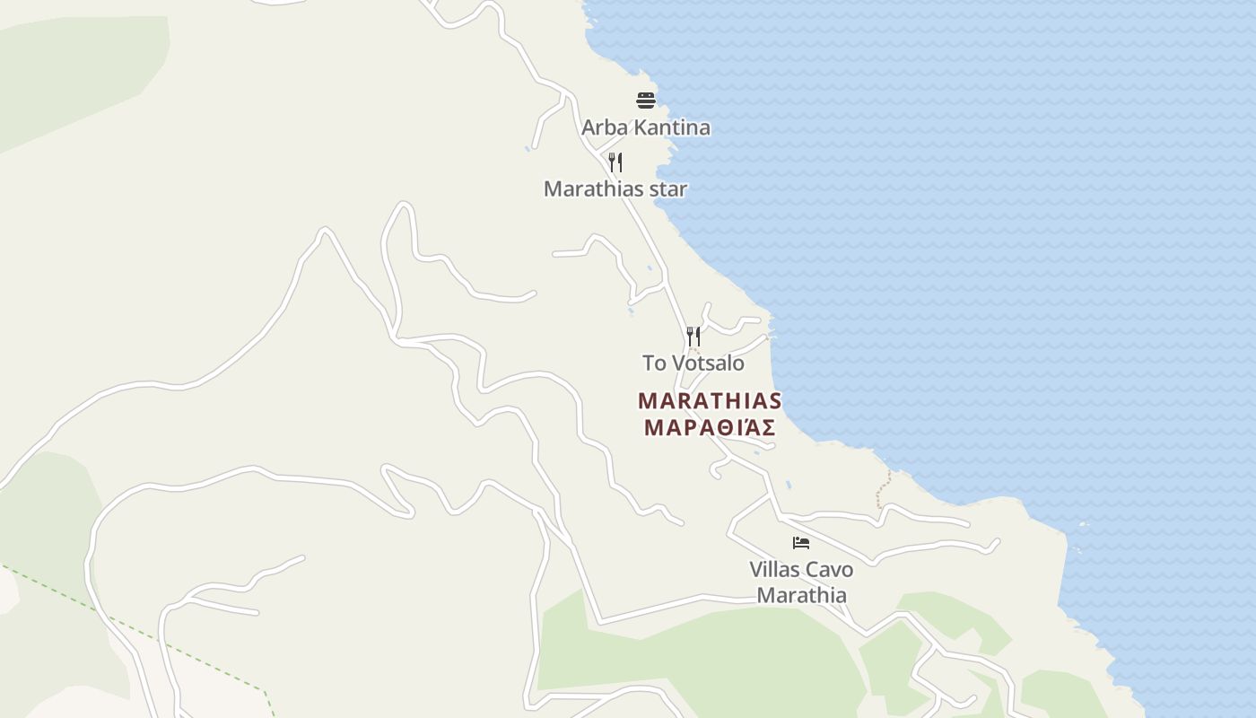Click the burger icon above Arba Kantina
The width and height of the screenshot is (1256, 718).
coord(646,100)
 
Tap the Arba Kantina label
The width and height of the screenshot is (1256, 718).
coord(646,127)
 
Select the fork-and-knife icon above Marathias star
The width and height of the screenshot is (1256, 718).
coord(615,162)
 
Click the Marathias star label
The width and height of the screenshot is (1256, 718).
coord(615,189)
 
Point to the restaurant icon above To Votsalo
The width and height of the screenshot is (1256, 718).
coord(693,337)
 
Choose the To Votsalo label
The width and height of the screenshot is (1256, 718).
coord(693,363)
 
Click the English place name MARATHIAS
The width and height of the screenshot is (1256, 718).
coord(710,401)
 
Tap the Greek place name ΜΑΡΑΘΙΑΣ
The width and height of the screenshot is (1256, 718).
coord(710,428)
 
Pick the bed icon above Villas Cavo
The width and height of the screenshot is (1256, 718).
coord(801,543)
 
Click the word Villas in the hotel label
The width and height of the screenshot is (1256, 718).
coord(776,570)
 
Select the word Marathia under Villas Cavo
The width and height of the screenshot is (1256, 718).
coord(801,595)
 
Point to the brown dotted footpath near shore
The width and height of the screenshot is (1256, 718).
coord(885,489)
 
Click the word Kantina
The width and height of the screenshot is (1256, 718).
coord(671,127)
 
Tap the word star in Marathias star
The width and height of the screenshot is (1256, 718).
coord(668,189)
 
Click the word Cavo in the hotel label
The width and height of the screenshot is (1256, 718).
coord(830,570)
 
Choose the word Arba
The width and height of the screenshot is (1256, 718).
coord(604,127)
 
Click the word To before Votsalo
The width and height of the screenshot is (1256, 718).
coord(654,363)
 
